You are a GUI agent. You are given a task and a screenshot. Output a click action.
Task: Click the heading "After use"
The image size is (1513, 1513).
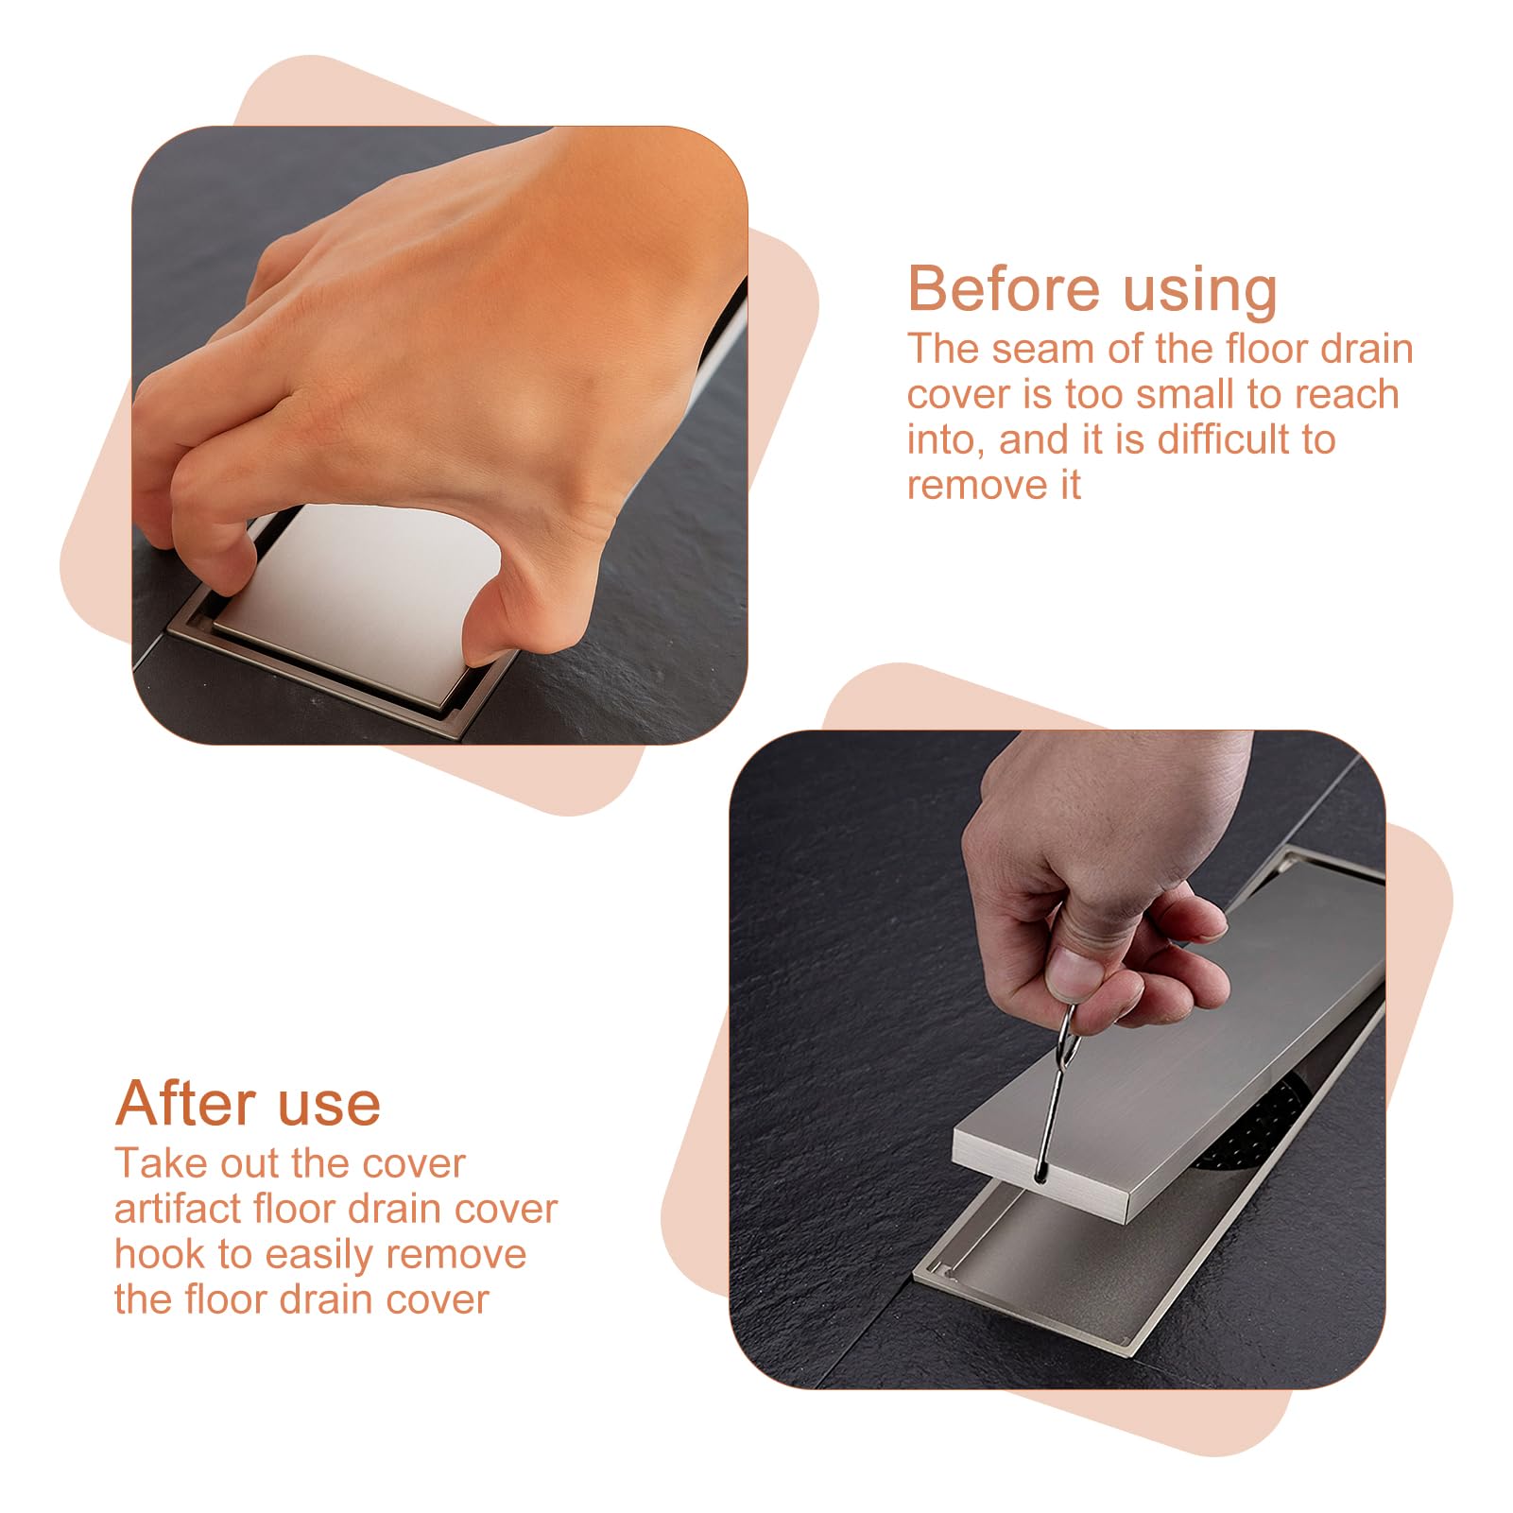click(x=248, y=1103)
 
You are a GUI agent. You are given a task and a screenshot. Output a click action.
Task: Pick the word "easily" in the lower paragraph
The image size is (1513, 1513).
click(x=320, y=1256)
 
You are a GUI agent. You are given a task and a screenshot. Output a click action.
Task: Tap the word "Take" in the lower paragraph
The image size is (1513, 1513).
click(x=154, y=1163)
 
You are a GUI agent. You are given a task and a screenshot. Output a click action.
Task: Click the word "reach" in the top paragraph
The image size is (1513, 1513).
click(x=1346, y=394)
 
